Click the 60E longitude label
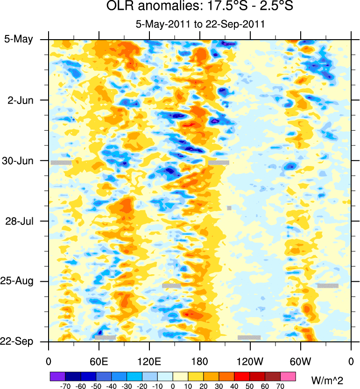tap(99, 361)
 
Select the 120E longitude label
tap(149, 361)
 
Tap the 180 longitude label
tap(199, 361)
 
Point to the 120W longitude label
tap(250, 361)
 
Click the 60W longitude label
tap(300, 361)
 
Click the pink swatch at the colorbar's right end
tap(288, 376)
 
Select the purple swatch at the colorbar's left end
tap(57, 376)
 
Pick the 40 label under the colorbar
tap(234, 386)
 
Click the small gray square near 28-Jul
tap(229, 208)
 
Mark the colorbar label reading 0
tap(173, 386)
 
